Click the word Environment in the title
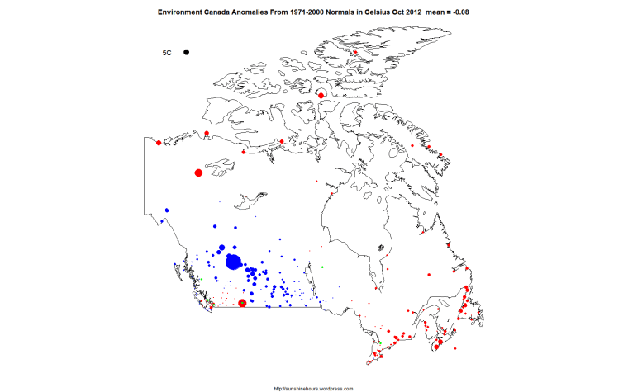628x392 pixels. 178,12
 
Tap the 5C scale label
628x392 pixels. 167,53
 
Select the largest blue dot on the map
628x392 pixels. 233,262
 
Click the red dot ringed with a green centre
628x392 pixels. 242,303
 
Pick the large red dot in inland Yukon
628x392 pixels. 198,172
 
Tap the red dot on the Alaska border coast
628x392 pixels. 159,143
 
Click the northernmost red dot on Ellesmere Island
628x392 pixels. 354,54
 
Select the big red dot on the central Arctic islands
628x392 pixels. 321,97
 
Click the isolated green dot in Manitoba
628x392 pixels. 321,267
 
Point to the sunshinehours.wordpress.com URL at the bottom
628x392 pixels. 313,387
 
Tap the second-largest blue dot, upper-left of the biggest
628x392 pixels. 221,248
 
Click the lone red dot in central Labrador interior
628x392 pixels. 429,273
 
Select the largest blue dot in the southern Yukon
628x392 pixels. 167,210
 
